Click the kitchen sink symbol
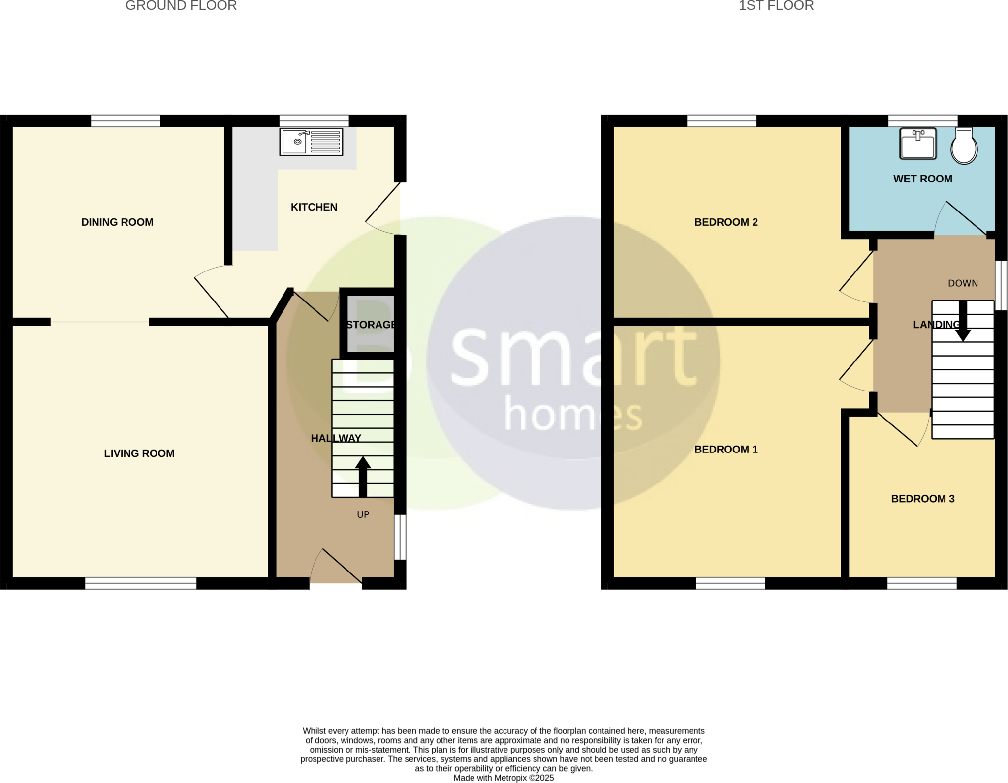click(311, 142)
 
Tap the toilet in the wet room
click(964, 146)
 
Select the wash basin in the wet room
click(918, 144)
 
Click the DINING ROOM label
click(117, 222)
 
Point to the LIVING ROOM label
click(139, 453)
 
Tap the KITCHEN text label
click(314, 207)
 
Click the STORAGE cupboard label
click(371, 325)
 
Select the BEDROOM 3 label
click(923, 499)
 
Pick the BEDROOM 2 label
click(726, 222)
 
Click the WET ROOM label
click(923, 179)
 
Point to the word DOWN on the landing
click(963, 283)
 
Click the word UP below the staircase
click(363, 514)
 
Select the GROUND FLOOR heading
click(181, 6)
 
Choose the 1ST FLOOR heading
click(776, 6)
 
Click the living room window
click(141, 583)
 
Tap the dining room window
click(126, 121)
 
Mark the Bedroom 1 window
click(730, 583)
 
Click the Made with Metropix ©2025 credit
click(504, 778)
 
